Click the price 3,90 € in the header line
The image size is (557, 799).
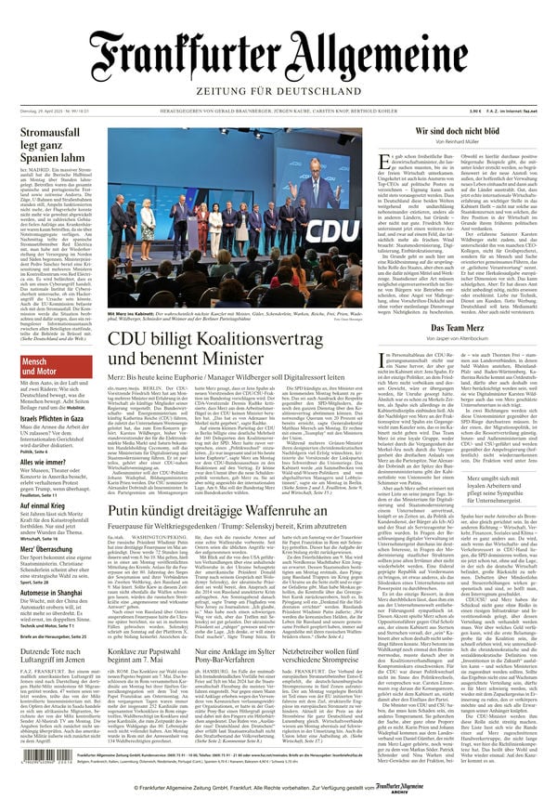click(462, 112)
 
